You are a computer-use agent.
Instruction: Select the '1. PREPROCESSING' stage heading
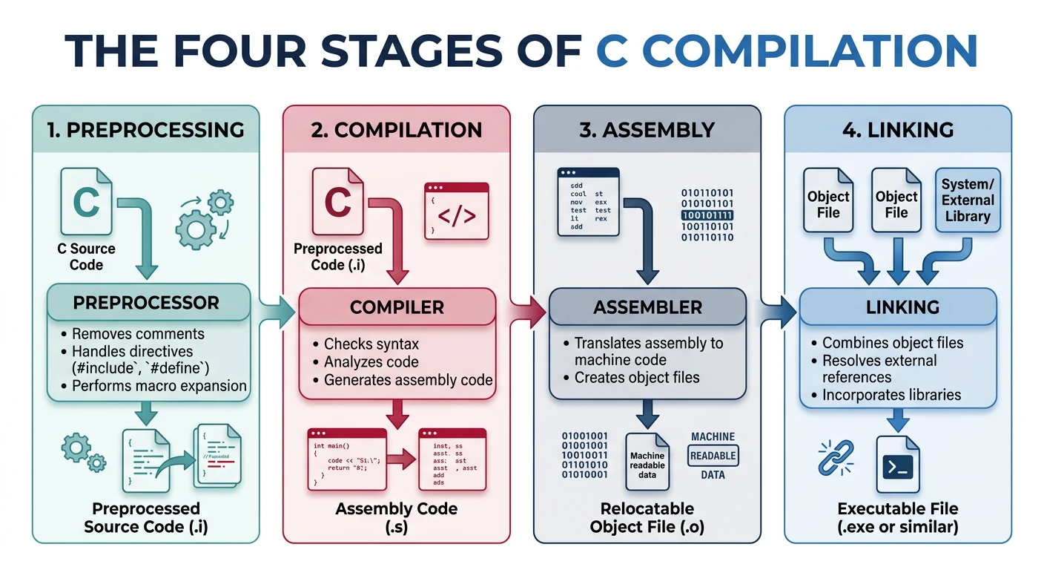145,130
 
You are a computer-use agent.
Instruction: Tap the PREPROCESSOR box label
145,303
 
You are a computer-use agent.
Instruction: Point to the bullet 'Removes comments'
128,334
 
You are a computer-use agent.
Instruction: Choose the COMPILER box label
397,307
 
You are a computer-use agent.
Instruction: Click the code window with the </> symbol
456,211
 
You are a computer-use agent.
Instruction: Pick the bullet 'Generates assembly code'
408,380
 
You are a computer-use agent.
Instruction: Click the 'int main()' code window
347,459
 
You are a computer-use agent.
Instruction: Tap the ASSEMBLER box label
647,307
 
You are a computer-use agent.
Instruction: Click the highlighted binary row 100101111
707,215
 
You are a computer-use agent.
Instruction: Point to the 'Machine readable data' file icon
647,462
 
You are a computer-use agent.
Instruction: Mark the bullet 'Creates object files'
636,377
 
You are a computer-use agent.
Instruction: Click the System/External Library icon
967,200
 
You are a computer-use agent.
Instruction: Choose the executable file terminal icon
898,465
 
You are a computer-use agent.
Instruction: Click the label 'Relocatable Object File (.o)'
647,518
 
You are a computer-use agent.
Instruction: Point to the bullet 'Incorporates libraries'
891,395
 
